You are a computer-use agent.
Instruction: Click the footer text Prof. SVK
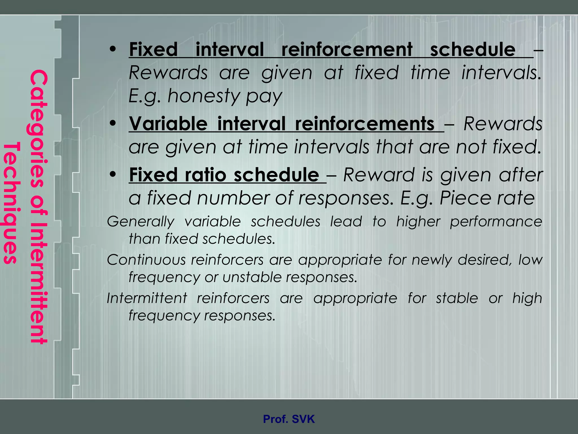[289, 419]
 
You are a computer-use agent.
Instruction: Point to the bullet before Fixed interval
[113, 50]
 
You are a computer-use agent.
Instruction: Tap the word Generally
[141, 222]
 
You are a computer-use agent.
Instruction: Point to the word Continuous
[146, 260]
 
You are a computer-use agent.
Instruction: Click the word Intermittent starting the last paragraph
[147, 298]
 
